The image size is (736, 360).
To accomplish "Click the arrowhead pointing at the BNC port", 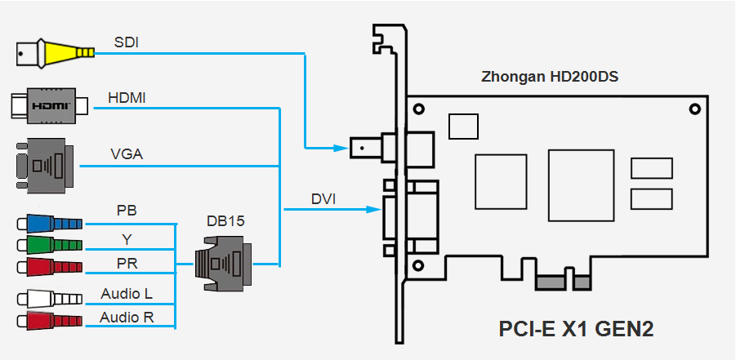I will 341,148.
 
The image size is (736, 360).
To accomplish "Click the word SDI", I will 127,42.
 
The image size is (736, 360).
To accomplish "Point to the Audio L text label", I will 127,293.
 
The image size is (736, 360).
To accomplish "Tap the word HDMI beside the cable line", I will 127,99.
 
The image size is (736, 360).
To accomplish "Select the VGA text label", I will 127,153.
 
